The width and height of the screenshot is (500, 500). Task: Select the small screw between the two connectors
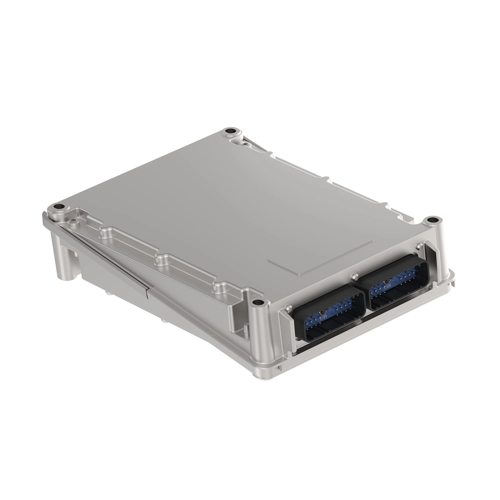coord(354,275)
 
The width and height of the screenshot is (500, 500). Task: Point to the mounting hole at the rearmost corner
coord(229,132)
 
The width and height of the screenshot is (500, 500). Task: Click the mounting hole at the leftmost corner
coord(59,207)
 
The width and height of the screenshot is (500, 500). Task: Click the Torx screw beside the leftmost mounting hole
coord(74,221)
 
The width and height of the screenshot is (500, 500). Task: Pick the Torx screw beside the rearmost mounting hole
coord(246,142)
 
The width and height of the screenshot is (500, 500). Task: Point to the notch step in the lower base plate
coord(147,292)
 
